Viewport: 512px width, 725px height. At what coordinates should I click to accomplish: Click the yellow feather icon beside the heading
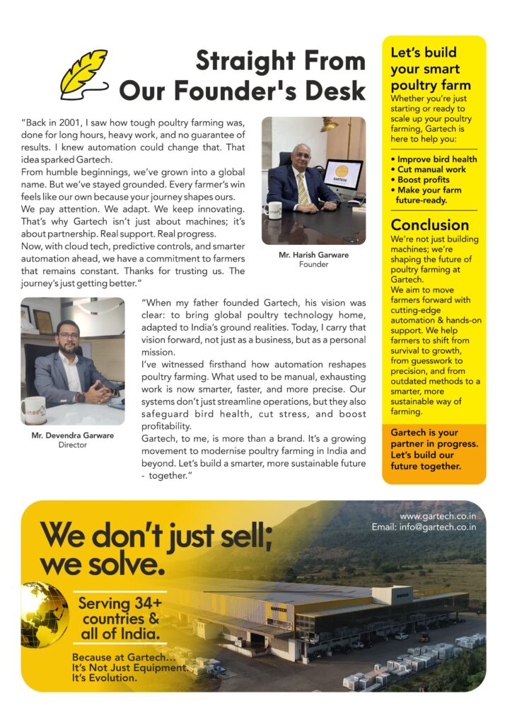[x=83, y=73]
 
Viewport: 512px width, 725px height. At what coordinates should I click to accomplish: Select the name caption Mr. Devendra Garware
[x=72, y=435]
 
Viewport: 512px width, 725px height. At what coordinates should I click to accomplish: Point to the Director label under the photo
[x=72, y=445]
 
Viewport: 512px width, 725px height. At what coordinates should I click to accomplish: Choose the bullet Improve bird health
[x=436, y=159]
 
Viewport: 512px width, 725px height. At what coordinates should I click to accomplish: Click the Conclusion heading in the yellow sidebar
[x=430, y=225]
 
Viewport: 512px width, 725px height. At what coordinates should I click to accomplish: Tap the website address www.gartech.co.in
[x=438, y=516]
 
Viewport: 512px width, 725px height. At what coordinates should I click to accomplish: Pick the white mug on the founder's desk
[x=273, y=210]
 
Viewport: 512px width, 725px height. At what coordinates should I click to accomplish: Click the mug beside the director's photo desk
[x=33, y=407]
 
